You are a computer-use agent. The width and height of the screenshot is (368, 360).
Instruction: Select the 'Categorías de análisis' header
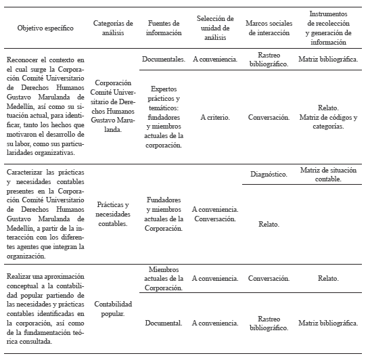click(113, 28)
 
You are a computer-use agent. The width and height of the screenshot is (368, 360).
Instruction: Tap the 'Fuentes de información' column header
click(164, 28)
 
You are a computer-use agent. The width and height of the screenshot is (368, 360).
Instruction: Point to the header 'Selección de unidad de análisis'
click(214, 28)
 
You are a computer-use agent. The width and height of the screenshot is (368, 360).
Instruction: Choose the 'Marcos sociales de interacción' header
click(269, 28)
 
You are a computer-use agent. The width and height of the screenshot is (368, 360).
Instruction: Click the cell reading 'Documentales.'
click(164, 60)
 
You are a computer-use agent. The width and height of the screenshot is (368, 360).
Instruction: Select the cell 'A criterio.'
click(214, 117)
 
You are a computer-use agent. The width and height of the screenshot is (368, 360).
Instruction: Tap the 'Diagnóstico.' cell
click(269, 174)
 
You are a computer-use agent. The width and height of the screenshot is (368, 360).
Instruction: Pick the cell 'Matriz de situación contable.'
click(329, 174)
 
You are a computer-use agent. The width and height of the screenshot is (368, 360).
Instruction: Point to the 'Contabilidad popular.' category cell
click(113, 309)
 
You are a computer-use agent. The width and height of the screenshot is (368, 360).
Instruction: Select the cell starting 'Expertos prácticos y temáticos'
click(164, 117)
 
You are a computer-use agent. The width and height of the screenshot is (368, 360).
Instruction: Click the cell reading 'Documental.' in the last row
click(164, 323)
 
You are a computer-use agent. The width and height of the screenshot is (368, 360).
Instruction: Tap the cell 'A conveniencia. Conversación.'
click(214, 214)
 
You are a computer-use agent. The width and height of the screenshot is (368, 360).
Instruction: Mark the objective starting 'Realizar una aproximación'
click(45, 309)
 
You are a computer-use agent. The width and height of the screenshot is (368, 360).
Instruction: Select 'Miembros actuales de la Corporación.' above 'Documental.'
click(164, 279)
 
